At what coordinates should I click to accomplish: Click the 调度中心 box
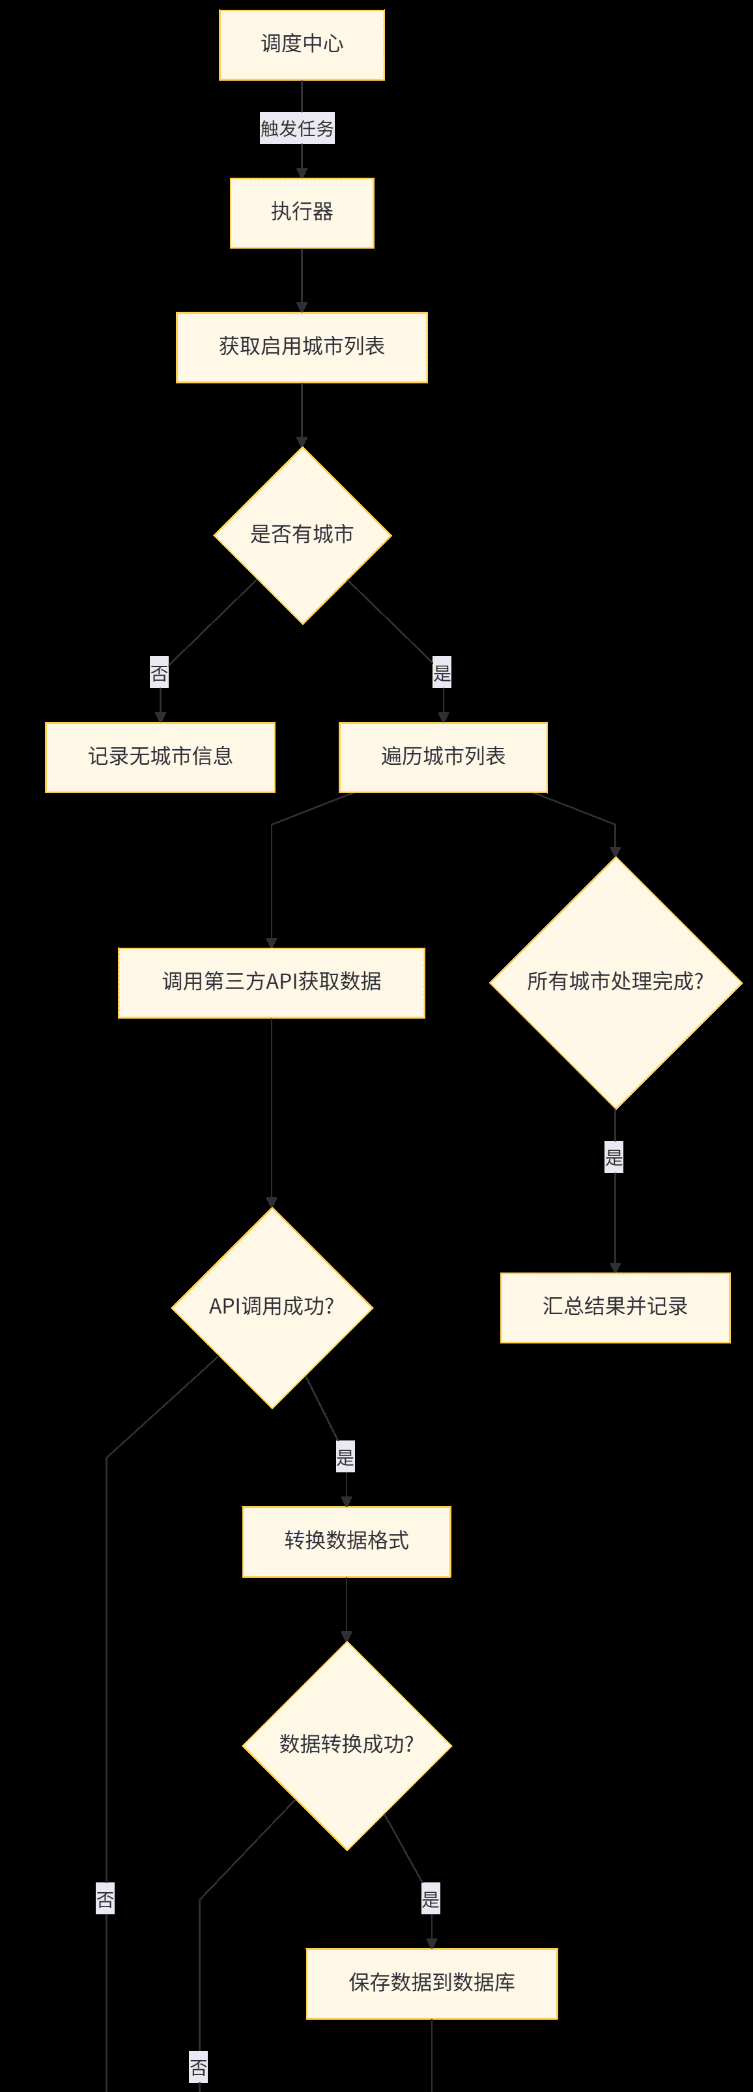(x=302, y=45)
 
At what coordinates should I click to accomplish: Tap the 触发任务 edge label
(x=297, y=128)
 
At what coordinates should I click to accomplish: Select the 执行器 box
(x=302, y=213)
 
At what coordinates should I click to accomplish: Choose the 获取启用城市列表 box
(x=302, y=347)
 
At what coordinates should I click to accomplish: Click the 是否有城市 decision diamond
(x=302, y=535)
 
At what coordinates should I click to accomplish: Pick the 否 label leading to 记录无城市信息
(x=159, y=673)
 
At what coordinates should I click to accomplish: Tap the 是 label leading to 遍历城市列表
(x=442, y=672)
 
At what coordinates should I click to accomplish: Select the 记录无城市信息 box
(x=160, y=757)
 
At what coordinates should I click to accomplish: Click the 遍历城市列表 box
(x=443, y=757)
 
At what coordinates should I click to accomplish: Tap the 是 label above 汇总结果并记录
(x=614, y=1157)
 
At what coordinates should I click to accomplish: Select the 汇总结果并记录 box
(x=615, y=1308)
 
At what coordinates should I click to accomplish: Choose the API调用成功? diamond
(x=272, y=1308)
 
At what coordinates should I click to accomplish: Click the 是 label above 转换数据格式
(x=345, y=1457)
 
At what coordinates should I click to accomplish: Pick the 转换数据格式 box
(x=346, y=1541)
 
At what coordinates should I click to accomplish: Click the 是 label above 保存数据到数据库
(x=431, y=1899)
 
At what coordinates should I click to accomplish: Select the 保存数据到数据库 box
(x=431, y=1983)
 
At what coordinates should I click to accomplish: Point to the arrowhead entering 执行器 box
(x=302, y=173)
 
